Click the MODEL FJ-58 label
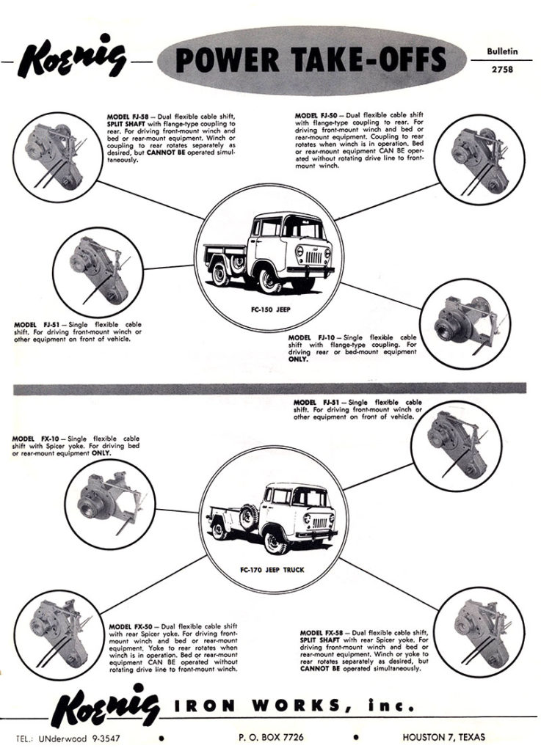pos(120,117)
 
